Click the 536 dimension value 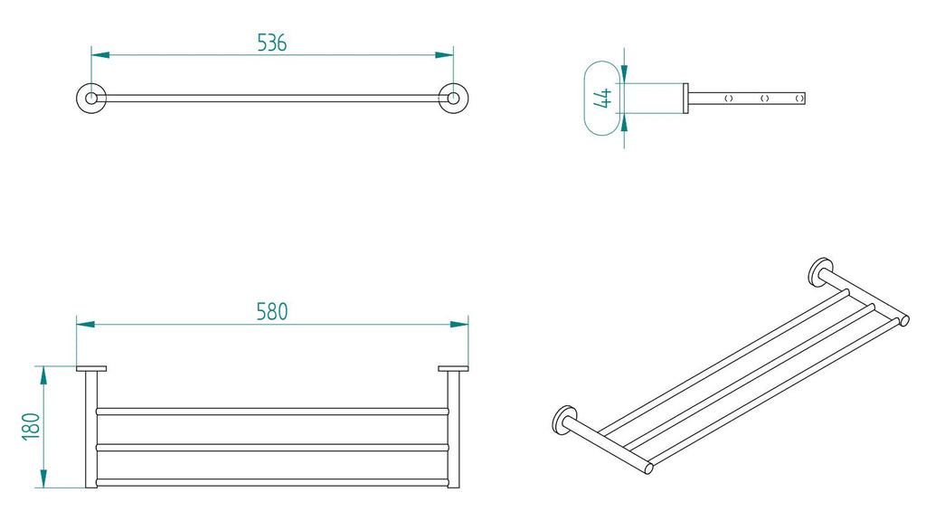[271, 42]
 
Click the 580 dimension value [271, 311]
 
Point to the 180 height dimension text [30, 427]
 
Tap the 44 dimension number [603, 98]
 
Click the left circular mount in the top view [91, 98]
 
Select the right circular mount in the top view [452, 98]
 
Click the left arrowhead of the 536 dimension [99, 55]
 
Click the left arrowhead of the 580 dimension [84, 323]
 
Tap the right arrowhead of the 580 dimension [460, 323]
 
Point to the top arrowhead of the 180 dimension [43, 373]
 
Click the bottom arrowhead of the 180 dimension [43, 481]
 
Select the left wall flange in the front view [91, 368]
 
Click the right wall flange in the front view [453, 368]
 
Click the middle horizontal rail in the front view [271, 447]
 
